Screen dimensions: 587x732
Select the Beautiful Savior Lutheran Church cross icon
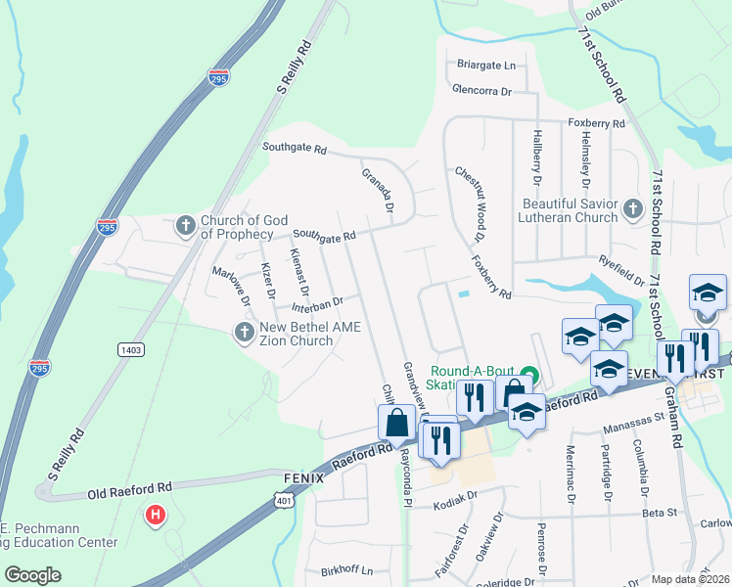point(632,209)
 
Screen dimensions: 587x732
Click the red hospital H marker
point(154,514)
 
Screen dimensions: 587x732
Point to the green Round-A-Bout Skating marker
point(529,372)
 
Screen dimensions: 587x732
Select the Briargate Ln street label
point(485,66)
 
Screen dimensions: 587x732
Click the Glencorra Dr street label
point(481,91)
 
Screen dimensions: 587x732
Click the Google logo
point(32,574)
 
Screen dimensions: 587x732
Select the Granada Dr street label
point(377,191)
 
